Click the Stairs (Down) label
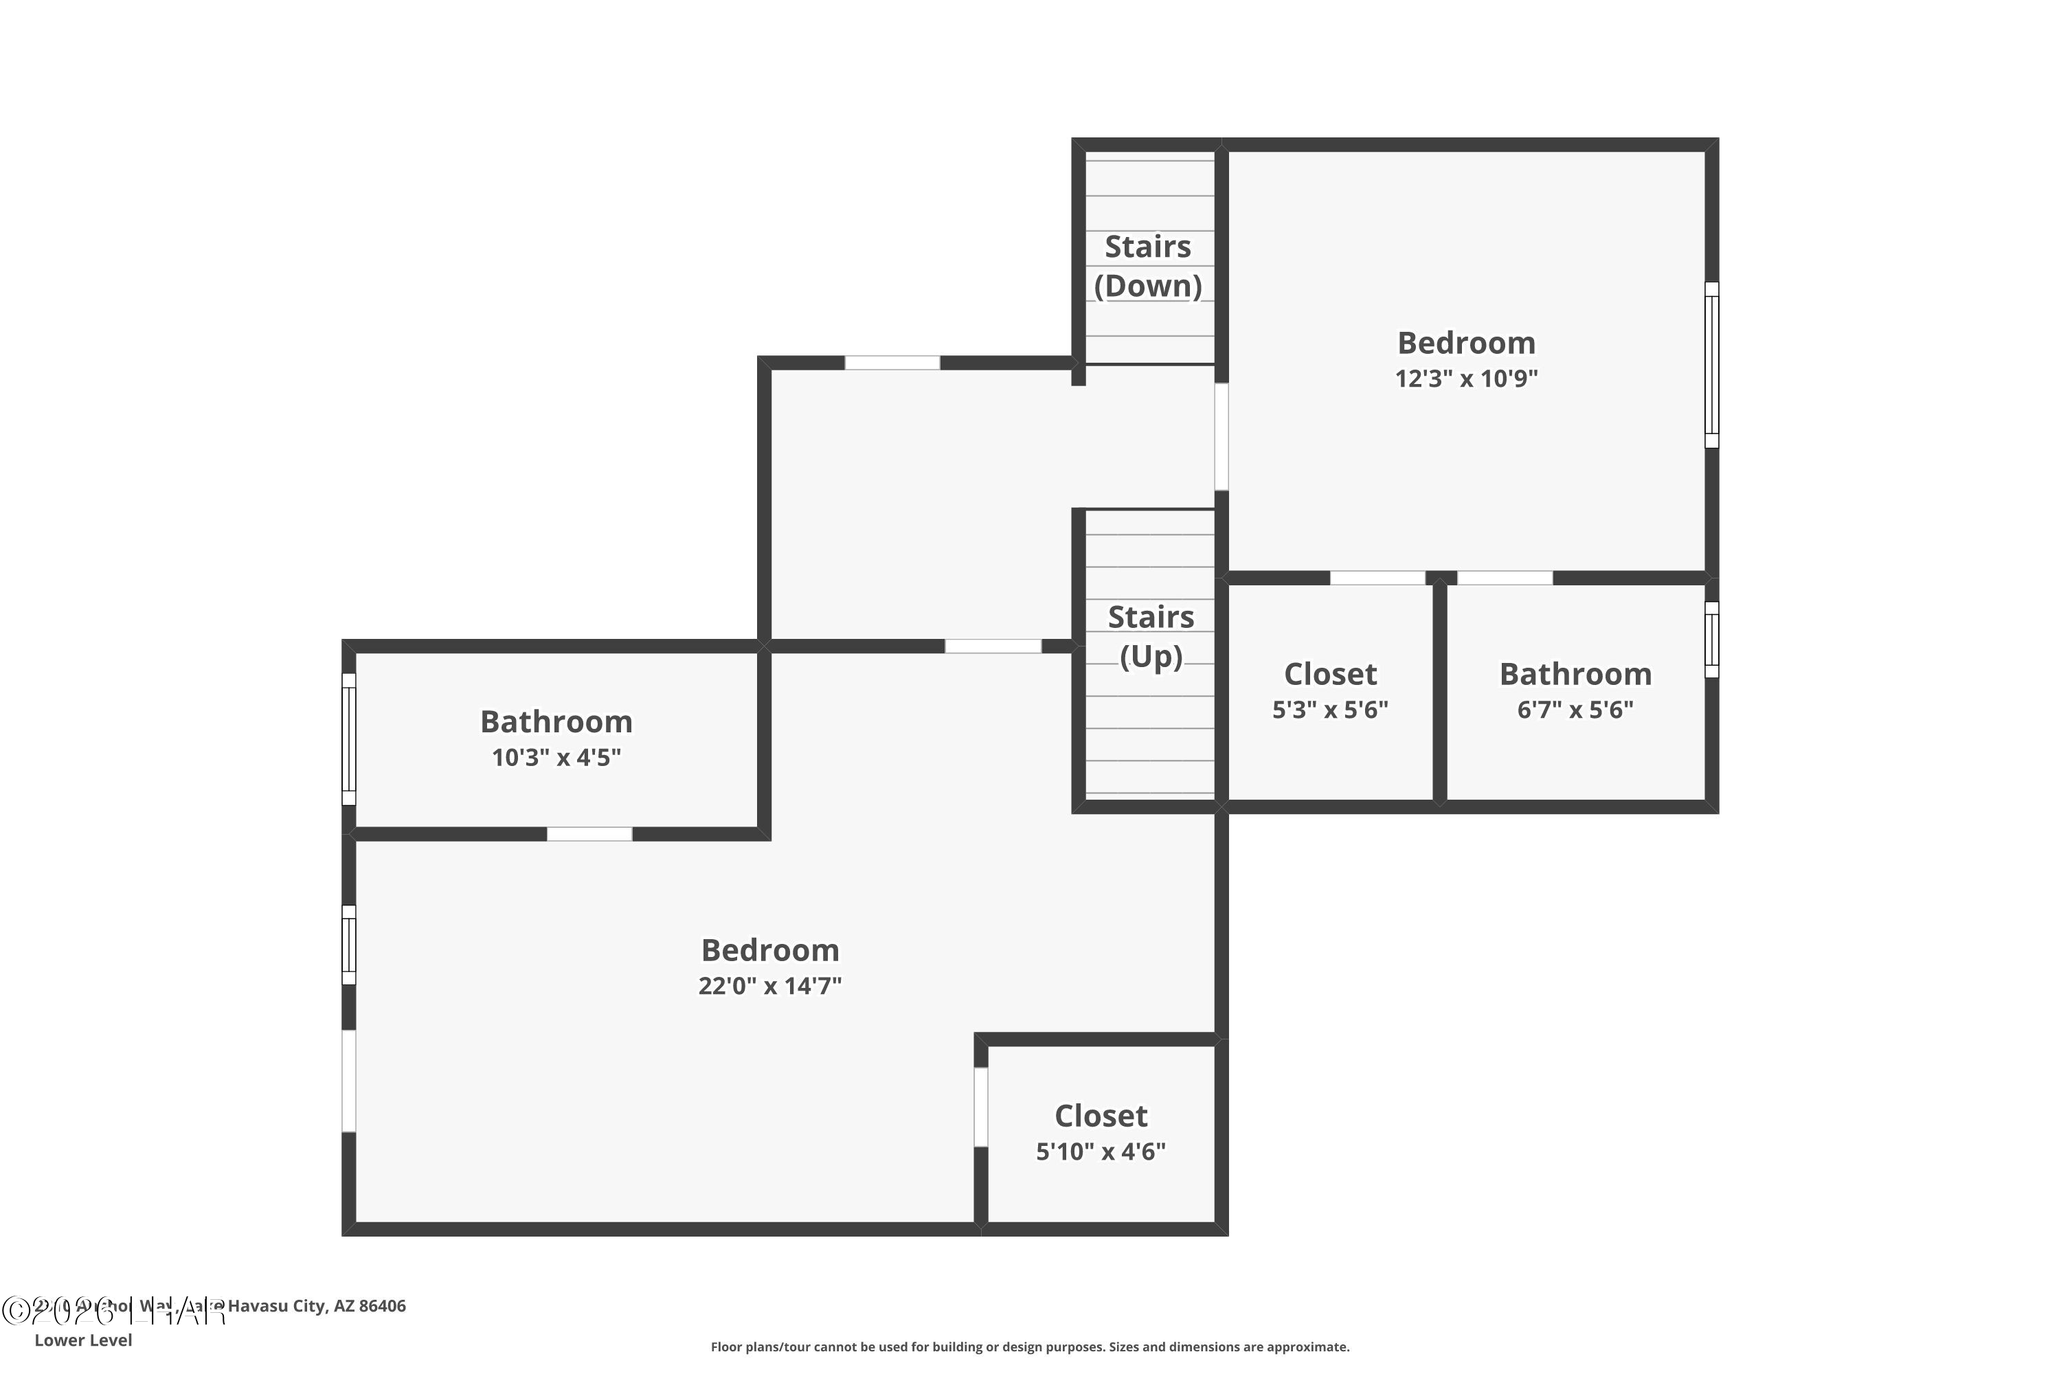pos(1147,267)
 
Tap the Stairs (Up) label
pos(1151,637)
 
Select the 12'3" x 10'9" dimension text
pos(1466,379)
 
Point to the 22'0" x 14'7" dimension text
pos(769,986)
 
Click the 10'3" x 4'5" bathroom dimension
pos(556,757)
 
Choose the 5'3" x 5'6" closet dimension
pos(1329,709)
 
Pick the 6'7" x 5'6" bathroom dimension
pos(1575,709)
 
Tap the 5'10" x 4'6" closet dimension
pos(1100,1151)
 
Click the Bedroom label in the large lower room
pos(769,950)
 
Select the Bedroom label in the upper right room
pos(1466,343)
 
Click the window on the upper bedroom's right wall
pos(1711,365)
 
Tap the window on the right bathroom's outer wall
pos(1711,640)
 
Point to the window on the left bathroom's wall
pos(349,739)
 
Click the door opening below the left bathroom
pos(589,833)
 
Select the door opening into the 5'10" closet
pos(980,1107)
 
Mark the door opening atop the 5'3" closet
pos(1377,578)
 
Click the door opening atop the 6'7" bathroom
pos(1505,578)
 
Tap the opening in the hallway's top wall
pos(892,363)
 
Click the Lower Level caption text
pos(83,1340)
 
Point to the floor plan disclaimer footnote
pos(1030,1347)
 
